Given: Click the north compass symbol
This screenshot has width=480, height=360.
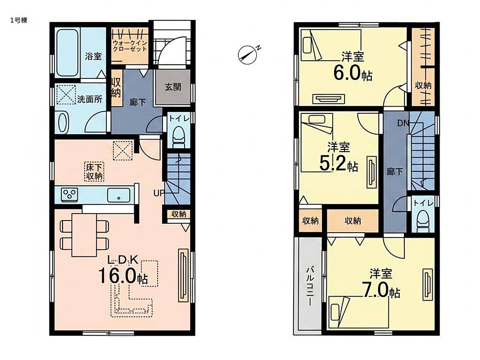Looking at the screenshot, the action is [247, 55].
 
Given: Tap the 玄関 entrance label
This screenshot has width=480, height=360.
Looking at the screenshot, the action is [173, 87].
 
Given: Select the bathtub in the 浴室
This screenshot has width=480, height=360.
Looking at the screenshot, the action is [67, 52].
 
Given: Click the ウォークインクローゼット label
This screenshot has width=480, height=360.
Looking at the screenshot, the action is [130, 46].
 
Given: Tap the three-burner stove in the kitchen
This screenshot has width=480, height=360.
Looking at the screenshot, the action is [69, 194].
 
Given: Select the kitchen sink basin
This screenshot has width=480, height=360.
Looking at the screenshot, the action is [119, 195].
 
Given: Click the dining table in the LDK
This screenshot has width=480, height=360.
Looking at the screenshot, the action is [84, 234].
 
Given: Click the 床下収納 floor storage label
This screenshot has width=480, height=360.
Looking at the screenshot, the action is [94, 171].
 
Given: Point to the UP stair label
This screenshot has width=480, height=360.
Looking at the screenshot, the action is [159, 193].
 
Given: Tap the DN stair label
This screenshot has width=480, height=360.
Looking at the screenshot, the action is [403, 123].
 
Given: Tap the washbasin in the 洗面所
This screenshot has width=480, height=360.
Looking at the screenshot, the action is [63, 122].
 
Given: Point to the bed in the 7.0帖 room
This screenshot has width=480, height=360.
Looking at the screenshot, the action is [358, 312].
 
